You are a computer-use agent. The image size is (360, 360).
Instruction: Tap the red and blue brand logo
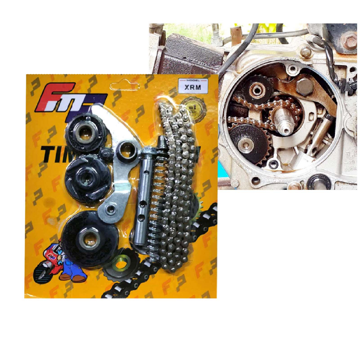pyautogui.click(x=70, y=98)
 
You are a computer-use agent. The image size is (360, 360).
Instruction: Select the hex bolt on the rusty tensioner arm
pyautogui.click(x=304, y=86)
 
